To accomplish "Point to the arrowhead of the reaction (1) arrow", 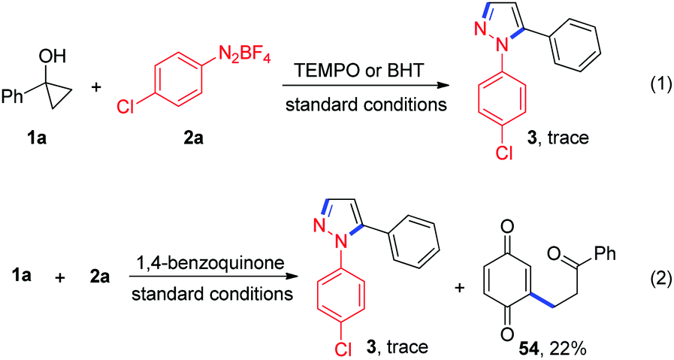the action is (443, 85).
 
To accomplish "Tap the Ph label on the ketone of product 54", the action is (605, 253).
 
